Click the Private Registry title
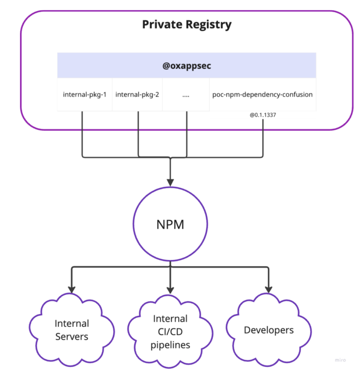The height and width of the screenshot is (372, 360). [187, 25]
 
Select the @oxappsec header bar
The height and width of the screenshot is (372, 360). [187, 66]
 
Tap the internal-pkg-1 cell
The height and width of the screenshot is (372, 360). [85, 94]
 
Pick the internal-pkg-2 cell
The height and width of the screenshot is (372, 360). [137, 94]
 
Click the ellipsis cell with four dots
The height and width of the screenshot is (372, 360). [186, 94]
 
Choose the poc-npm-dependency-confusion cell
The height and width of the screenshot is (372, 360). [262, 94]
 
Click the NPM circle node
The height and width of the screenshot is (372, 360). [170, 224]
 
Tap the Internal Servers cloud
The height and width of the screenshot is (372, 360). [72, 330]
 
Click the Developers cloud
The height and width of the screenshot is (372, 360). [269, 330]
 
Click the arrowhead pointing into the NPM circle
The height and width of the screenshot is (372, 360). [170, 181]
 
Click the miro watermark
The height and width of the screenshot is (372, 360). [340, 360]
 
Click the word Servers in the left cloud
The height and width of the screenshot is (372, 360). [72, 336]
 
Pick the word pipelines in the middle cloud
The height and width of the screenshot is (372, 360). [170, 345]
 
